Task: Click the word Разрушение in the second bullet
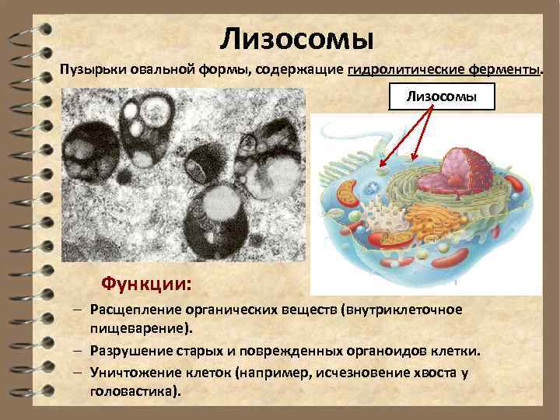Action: tap(129, 351)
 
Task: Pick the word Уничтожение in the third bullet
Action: tap(133, 373)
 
